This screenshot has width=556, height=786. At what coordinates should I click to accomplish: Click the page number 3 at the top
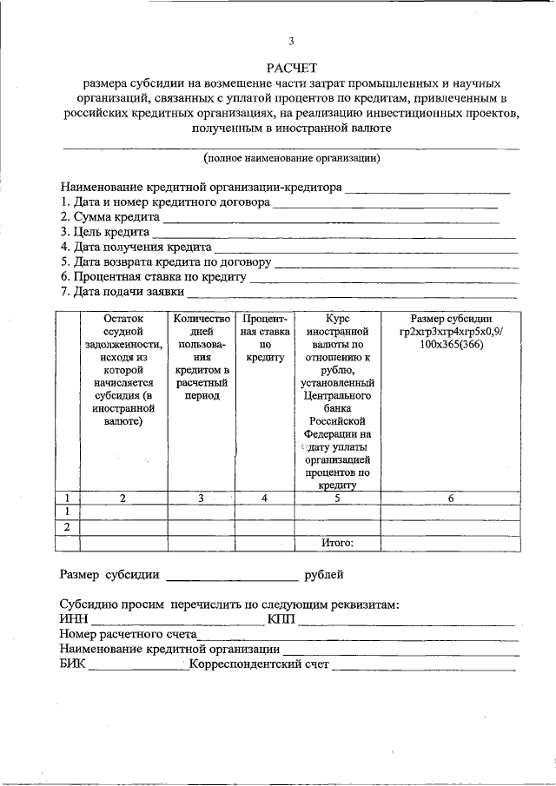tap(292, 41)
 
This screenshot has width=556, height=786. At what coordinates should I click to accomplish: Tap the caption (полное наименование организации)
tap(292, 158)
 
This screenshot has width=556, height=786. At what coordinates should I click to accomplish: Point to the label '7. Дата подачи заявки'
tap(121, 291)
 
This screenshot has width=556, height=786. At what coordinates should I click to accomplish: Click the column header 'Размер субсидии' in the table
tap(451, 319)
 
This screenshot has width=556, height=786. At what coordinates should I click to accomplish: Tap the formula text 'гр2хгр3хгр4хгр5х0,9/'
tap(451, 332)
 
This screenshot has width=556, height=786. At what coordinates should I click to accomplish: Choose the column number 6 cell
tap(451, 498)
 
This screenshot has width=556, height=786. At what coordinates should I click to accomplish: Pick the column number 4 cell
tap(265, 498)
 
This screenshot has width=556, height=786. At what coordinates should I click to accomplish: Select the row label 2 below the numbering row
tap(67, 527)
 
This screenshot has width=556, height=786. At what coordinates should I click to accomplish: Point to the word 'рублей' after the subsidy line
tap(323, 574)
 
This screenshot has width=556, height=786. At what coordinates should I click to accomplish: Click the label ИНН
tap(74, 619)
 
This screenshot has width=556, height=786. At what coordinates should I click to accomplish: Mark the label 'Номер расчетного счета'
tap(128, 635)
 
